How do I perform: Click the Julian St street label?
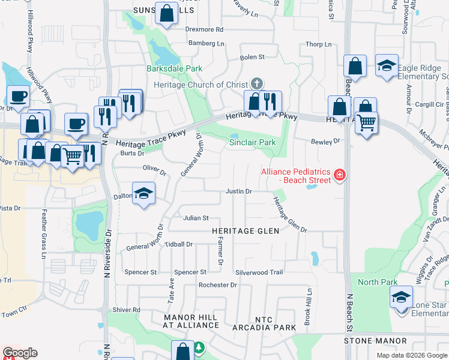pyautogui.click(x=196, y=218)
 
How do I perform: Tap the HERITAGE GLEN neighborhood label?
pyautogui.click(x=244, y=231)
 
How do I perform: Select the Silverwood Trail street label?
pyautogui.click(x=259, y=272)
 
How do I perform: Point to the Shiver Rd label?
pyautogui.click(x=126, y=310)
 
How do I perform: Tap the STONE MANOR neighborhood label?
pyautogui.click(x=375, y=341)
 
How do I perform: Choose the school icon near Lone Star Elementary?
pyautogui.click(x=402, y=298)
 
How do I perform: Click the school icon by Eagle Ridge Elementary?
pyautogui.click(x=387, y=65)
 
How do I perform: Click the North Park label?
pyautogui.click(x=378, y=282)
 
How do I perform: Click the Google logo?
pyautogui.click(x=20, y=353)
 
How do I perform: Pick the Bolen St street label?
pyautogui.click(x=252, y=57)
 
